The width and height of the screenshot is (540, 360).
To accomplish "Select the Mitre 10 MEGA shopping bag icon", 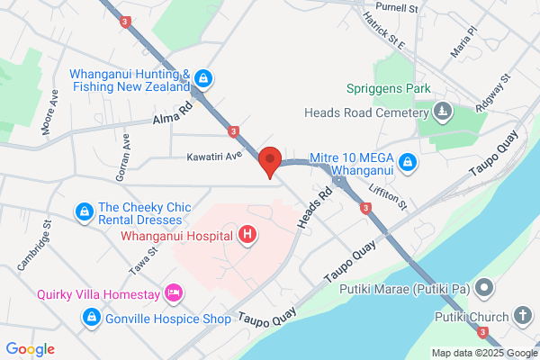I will click(408, 163).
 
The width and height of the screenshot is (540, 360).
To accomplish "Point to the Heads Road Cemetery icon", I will click(442, 112).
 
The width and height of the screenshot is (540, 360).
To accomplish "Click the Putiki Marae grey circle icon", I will click(485, 290).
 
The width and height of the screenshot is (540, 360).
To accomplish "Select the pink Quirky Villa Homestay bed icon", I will click(175, 292).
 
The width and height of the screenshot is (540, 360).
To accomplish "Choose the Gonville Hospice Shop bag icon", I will click(91, 317).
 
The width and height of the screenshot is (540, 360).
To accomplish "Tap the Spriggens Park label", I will click(390, 89).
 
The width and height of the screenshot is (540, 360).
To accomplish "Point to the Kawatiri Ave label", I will click(215, 156).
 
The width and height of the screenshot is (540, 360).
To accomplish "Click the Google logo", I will click(30, 348).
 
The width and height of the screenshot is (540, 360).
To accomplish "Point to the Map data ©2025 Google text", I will click(482, 353).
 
